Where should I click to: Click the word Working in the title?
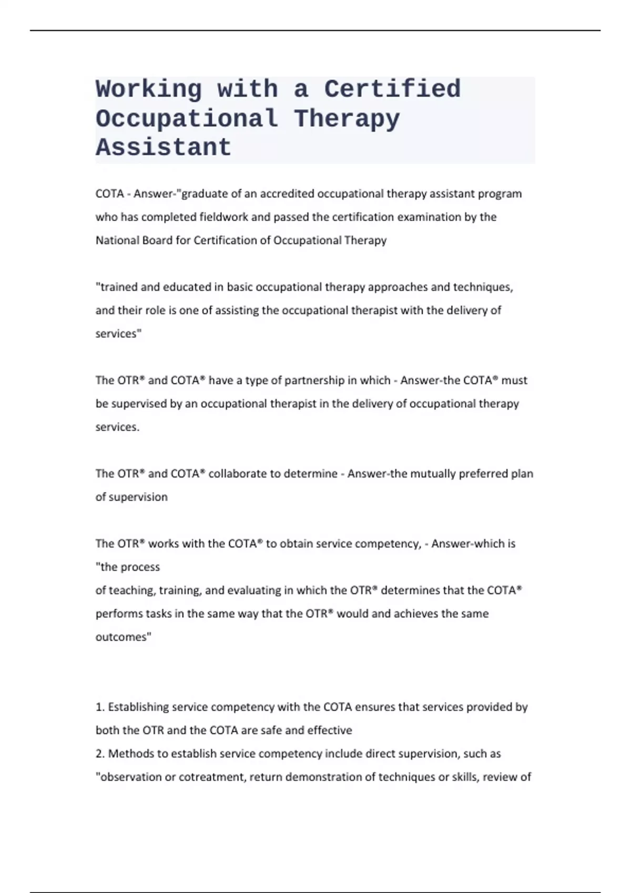tap(149, 89)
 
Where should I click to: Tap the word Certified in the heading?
tap(392, 89)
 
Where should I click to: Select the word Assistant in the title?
tap(164, 148)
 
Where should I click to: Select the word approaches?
tap(398, 287)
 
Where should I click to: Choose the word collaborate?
tap(238, 473)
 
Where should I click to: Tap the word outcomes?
tap(123, 637)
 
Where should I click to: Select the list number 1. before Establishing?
tap(100, 707)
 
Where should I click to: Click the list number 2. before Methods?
tap(100, 754)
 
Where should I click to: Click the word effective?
tap(330, 730)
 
